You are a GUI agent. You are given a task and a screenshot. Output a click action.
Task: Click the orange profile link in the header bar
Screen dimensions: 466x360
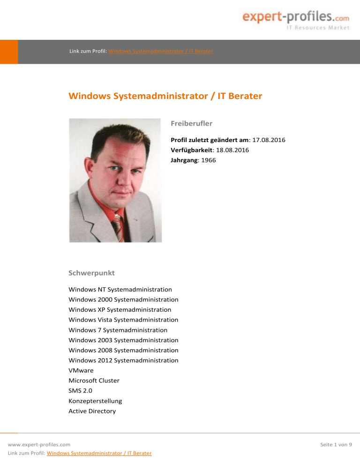[x=161, y=51]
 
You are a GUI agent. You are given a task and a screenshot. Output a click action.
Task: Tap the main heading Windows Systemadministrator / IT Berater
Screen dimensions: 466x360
[x=165, y=97]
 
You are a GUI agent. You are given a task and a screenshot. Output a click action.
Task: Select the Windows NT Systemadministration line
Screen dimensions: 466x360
[x=120, y=290]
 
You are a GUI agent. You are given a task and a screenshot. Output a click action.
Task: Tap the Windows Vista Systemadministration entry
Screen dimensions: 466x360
[x=123, y=320]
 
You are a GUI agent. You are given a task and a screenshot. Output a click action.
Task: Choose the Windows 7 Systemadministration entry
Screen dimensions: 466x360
[x=118, y=330]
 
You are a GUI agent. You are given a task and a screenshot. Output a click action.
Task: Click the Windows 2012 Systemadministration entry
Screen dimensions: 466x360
[x=123, y=361]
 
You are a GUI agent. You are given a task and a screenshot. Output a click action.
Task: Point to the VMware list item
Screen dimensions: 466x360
[x=81, y=370]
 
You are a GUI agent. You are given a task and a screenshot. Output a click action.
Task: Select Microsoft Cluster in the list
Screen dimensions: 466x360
[x=94, y=381]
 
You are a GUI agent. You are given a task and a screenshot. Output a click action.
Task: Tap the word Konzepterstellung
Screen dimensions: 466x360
[x=95, y=401]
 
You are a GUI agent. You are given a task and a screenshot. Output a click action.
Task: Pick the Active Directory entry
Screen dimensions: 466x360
[x=92, y=411]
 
